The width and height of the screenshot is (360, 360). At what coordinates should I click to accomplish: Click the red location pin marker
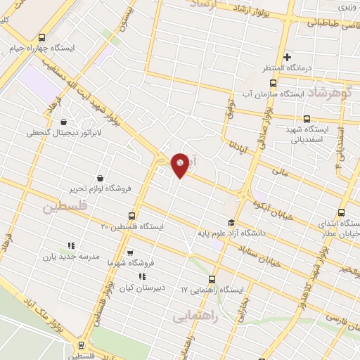click(x=181, y=164)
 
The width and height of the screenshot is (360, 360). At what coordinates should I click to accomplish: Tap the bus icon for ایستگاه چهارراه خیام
click(x=41, y=38)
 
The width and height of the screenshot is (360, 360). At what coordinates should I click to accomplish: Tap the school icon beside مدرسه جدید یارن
click(x=70, y=245)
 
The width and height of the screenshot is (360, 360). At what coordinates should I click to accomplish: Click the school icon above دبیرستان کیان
click(x=143, y=276)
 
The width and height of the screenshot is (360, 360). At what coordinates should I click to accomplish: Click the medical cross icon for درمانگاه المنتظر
click(x=287, y=57)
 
